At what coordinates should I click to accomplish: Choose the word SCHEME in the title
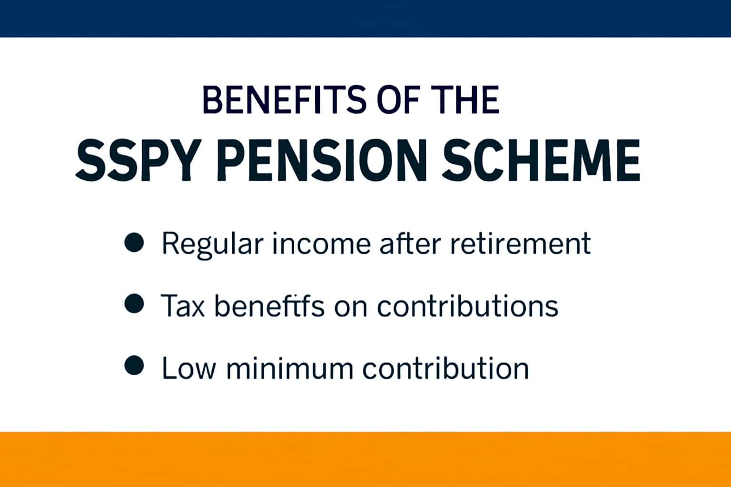coord(540,160)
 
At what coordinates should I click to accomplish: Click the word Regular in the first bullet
coord(212,244)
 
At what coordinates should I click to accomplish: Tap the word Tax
coord(183,305)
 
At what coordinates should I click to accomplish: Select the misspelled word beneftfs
coord(269,305)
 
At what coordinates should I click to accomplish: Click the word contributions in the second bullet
coord(467,305)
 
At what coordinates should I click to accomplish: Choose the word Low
coord(188,368)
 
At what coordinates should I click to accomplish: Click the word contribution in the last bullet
coord(445,368)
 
